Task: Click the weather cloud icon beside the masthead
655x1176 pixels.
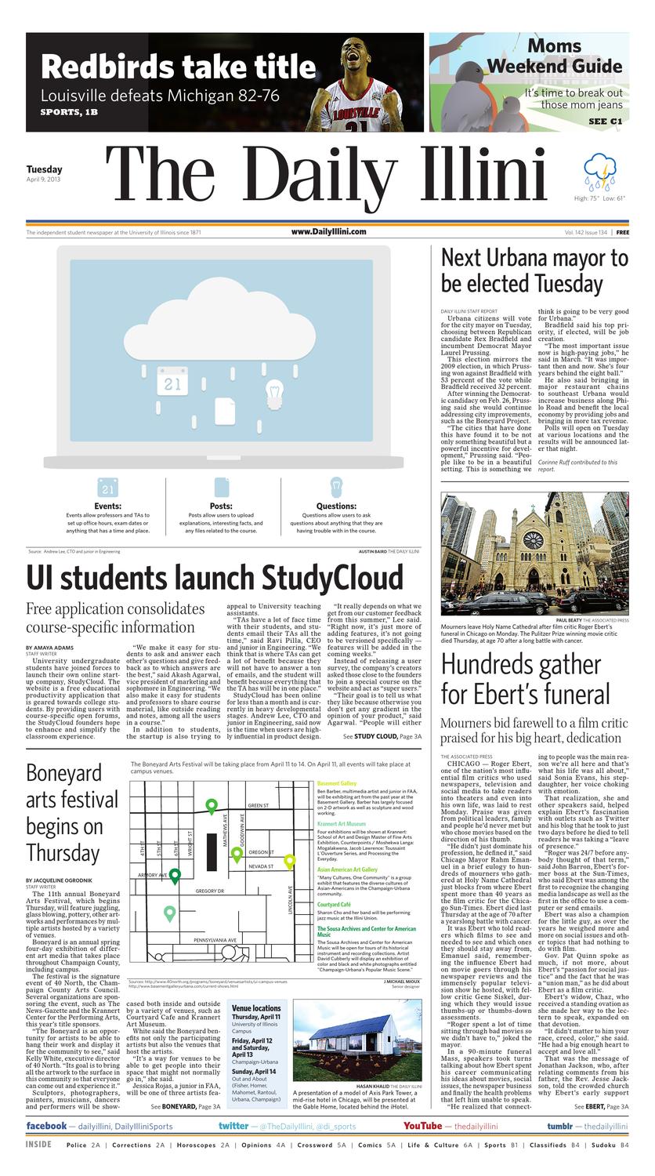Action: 599,172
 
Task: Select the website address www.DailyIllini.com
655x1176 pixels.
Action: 328,232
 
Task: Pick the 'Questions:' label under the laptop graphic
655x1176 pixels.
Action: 336,506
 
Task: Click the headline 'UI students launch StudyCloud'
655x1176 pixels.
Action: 214,578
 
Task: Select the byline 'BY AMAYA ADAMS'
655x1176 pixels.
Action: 49,648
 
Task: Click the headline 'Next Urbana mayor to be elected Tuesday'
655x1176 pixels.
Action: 534,270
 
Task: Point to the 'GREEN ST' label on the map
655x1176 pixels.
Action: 258,805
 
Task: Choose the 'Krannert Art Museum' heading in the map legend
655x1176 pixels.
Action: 341,824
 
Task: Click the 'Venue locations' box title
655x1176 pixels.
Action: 256,1007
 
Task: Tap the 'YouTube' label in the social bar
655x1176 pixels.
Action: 422,1126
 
